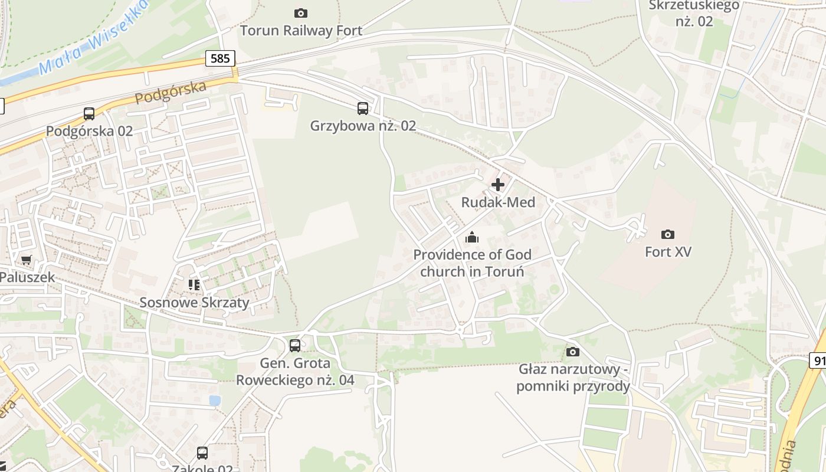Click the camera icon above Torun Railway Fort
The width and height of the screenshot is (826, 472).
tap(301, 13)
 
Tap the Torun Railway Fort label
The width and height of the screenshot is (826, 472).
tap(301, 30)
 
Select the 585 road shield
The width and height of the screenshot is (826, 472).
tap(221, 58)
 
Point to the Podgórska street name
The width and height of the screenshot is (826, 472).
tap(171, 93)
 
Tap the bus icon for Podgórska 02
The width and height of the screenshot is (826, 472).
tap(89, 114)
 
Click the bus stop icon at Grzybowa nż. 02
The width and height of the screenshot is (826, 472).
tap(363, 109)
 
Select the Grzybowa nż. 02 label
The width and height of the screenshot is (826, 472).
tap(363, 126)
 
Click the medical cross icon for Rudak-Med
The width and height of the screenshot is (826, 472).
tap(498, 185)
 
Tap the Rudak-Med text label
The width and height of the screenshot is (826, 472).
tap(498, 202)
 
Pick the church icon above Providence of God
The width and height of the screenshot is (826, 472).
tap(472, 238)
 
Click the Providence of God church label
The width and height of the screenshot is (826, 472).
tap(472, 263)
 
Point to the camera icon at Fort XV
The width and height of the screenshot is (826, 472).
tap(668, 234)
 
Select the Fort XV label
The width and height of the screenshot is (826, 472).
tap(668, 252)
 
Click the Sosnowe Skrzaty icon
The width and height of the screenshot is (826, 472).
tap(194, 285)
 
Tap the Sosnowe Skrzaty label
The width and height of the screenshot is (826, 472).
tap(194, 303)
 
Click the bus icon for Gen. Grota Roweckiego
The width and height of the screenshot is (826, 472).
tap(295, 346)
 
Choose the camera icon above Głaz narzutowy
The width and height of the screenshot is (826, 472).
tap(572, 352)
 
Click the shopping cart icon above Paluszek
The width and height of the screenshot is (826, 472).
tap(27, 260)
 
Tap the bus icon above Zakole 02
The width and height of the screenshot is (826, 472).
tap(202, 453)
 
